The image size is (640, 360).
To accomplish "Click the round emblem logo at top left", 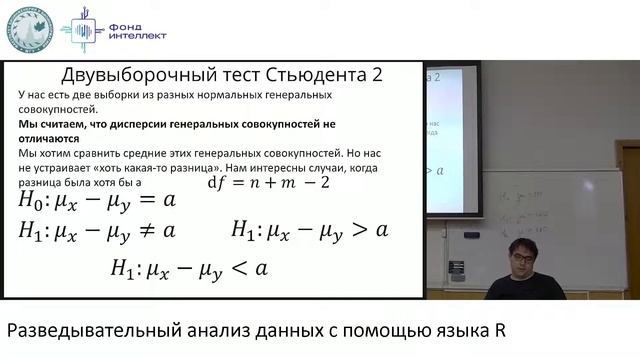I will tap(31, 29).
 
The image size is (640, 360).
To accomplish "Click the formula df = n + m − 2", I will tap(267, 182).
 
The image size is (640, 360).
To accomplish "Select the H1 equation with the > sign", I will tap(310, 230).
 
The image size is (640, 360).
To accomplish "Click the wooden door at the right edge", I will tap(629, 200).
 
